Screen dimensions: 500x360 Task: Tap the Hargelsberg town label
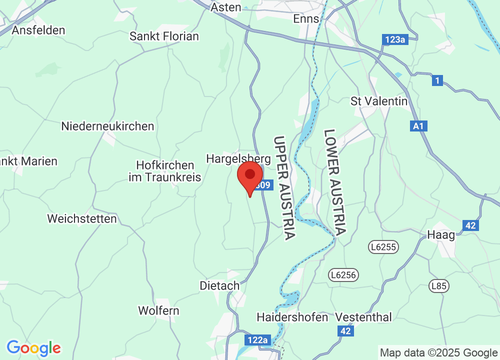238,159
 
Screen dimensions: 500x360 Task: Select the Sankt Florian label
164,36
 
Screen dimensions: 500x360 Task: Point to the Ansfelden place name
38,30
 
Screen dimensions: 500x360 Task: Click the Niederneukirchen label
107,126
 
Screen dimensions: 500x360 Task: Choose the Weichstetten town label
82,218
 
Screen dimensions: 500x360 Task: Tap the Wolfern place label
158,310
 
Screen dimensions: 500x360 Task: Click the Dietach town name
219,286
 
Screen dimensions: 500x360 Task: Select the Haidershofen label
292,317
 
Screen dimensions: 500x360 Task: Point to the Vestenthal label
364,317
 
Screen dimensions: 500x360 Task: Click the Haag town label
441,235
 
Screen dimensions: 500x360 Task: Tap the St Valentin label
379,101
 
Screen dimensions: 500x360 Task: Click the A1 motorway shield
419,126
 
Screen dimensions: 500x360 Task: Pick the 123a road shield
395,39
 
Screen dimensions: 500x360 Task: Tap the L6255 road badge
383,246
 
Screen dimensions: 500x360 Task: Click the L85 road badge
439,286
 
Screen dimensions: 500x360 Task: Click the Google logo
33,347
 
